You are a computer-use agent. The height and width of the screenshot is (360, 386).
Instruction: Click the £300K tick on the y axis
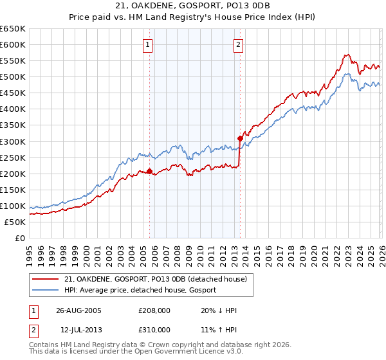coord(12,141)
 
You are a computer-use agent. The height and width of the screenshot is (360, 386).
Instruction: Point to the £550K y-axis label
coord(12,61)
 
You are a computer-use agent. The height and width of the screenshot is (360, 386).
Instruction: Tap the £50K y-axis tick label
coord(15,222)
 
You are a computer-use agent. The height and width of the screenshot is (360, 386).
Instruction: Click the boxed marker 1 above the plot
coord(149,44)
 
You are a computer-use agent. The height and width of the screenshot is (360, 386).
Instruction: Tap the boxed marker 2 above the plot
coord(239,44)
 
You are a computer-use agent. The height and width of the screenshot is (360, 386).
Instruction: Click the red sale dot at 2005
coord(149,171)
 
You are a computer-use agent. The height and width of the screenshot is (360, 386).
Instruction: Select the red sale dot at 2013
coord(240,138)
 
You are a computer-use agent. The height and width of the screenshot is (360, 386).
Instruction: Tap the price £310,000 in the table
coord(154,329)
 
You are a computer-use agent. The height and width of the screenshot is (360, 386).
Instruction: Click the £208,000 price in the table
coord(154,311)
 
